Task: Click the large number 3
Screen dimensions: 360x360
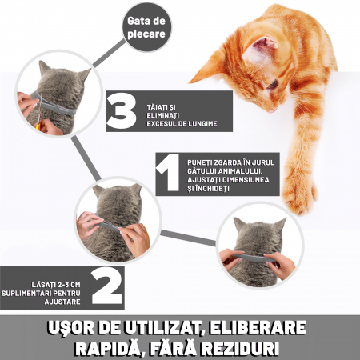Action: click(x=121, y=111)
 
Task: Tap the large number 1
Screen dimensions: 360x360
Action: click(x=168, y=173)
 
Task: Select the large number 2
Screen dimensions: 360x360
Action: click(x=106, y=286)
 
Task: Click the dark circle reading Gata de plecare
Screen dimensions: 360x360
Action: click(x=146, y=27)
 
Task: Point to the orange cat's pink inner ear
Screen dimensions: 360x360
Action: click(x=260, y=50)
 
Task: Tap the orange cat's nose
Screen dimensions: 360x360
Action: click(x=273, y=110)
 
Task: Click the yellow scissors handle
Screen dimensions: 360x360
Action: click(x=38, y=126)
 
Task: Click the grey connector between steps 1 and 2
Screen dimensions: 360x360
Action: click(x=188, y=238)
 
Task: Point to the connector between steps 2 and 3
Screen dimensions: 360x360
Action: click(x=86, y=158)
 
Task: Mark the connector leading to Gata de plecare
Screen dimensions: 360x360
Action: click(x=109, y=53)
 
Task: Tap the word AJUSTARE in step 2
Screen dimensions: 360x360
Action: click(x=62, y=302)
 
